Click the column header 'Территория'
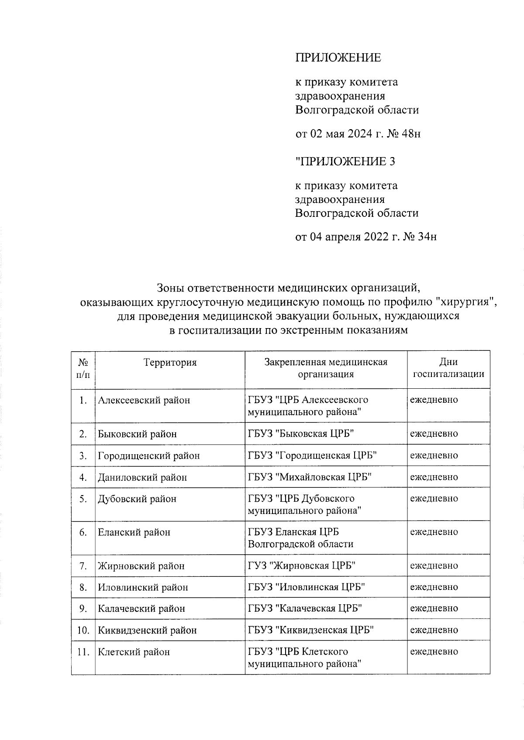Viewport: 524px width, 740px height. click(x=170, y=363)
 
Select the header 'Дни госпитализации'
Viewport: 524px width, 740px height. click(x=448, y=368)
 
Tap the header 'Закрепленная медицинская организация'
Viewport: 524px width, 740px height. click(x=326, y=368)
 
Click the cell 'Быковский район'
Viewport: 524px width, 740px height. click(x=137, y=434)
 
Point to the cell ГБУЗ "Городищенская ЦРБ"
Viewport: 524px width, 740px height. click(x=312, y=456)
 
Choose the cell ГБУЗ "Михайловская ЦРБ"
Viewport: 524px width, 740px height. click(x=310, y=477)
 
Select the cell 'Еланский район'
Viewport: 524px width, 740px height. click(x=134, y=532)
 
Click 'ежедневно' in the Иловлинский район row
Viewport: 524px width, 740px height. click(x=434, y=587)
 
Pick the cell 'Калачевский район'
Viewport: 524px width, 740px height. click(x=141, y=609)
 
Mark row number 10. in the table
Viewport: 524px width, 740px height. click(x=83, y=630)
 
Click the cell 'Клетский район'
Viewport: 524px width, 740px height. click(x=134, y=652)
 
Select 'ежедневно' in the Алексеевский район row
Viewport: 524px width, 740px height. click(x=434, y=400)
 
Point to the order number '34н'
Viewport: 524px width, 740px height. click(x=427, y=237)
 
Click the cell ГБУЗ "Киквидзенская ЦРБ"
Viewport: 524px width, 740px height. click(x=311, y=630)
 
